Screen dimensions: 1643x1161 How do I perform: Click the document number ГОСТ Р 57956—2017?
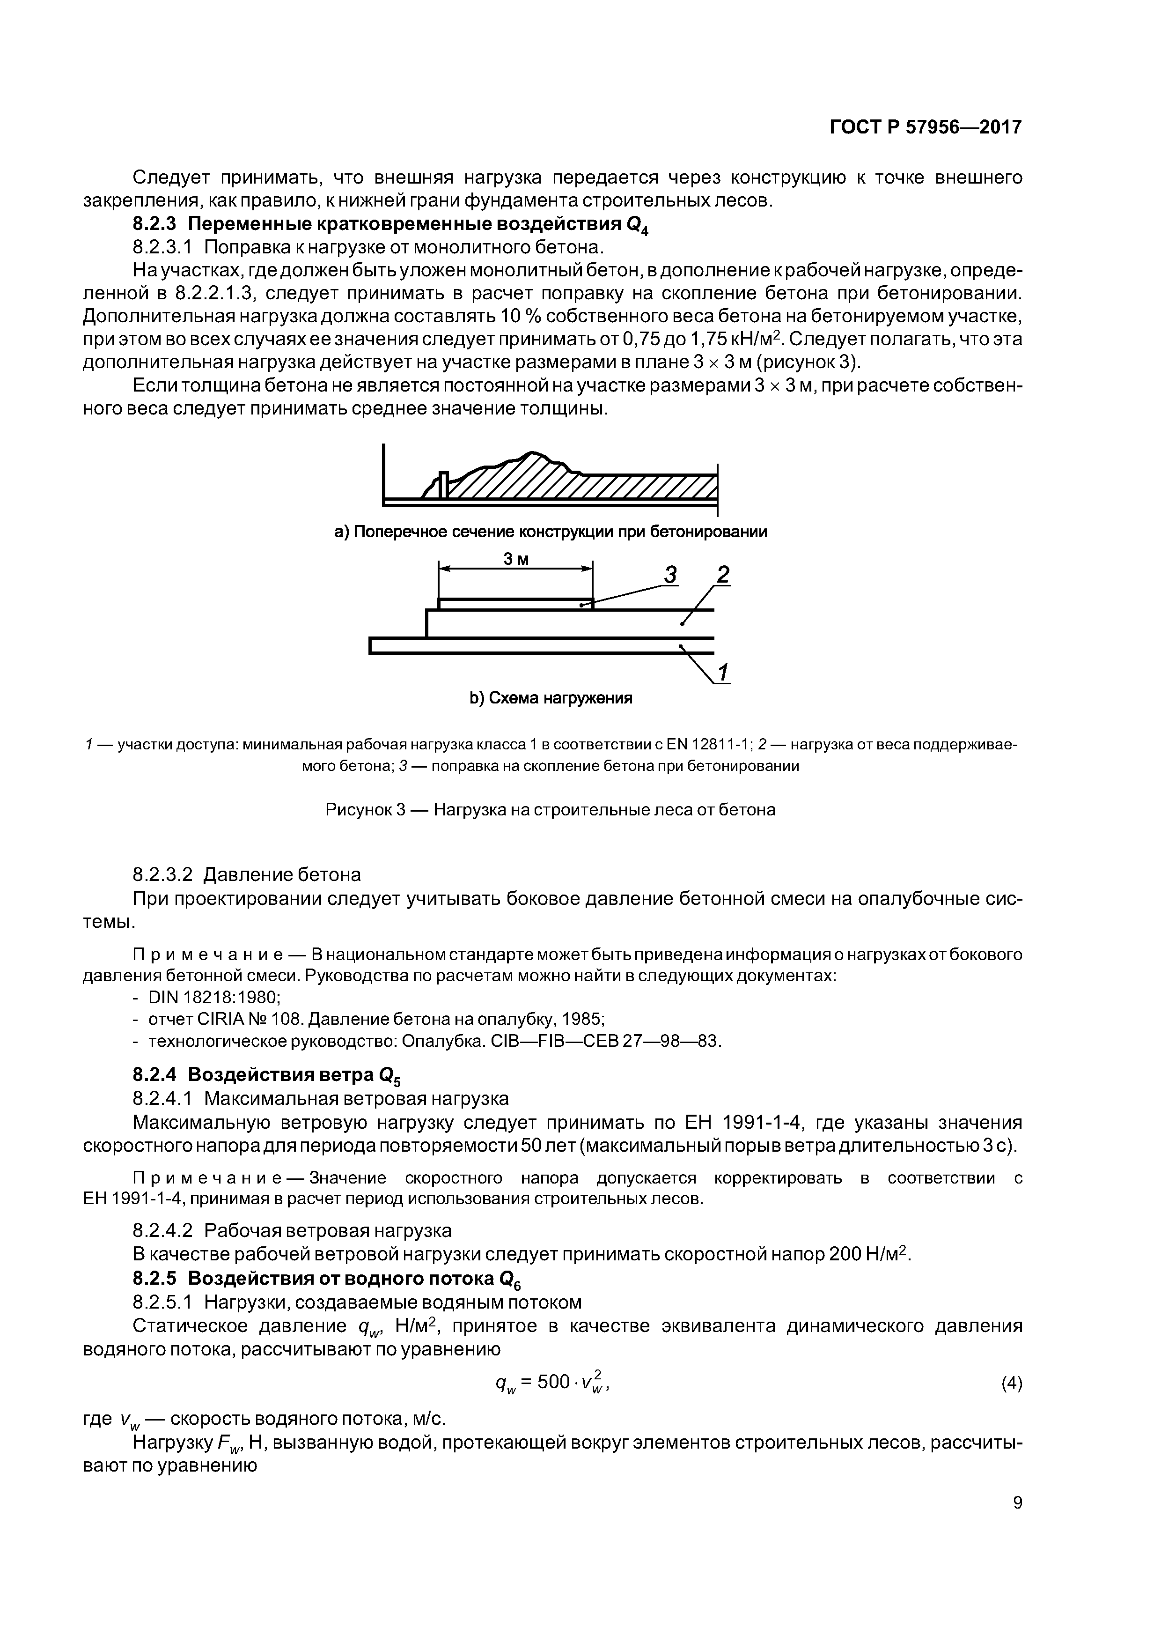click(x=925, y=127)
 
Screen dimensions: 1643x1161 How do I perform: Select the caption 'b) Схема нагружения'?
click(x=551, y=698)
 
